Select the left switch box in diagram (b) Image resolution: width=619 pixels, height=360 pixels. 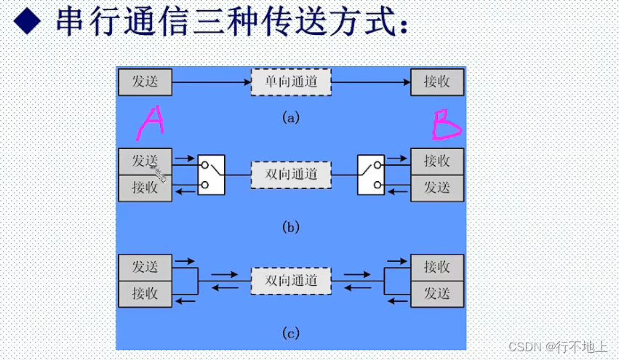coord(211,175)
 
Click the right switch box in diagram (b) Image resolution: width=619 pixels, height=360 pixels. coord(370,175)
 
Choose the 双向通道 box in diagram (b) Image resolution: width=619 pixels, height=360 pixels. coord(291,175)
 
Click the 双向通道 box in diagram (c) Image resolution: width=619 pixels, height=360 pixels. coord(291,281)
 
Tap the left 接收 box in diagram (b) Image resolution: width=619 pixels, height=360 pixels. coord(145,188)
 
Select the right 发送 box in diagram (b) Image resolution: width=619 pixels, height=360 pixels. coord(437,188)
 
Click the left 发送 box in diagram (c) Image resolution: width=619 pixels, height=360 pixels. coord(145,267)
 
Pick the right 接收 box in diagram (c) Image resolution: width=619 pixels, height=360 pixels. coord(437,267)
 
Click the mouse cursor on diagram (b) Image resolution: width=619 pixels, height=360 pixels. coord(159,172)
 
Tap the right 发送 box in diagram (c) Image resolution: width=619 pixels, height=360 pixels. coord(437,294)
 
